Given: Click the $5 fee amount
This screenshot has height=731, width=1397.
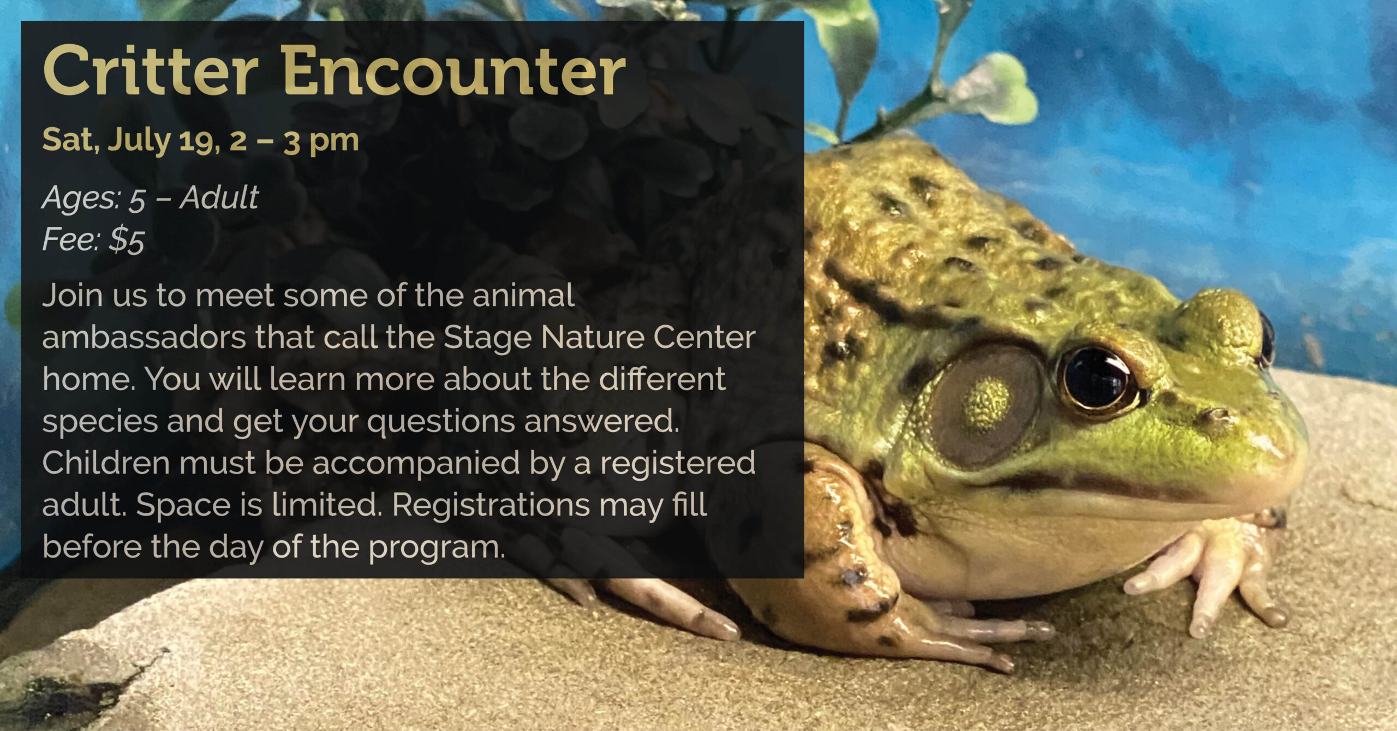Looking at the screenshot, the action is pyautogui.click(x=127, y=240).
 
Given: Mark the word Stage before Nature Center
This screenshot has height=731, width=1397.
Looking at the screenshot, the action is pyautogui.click(x=487, y=339).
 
